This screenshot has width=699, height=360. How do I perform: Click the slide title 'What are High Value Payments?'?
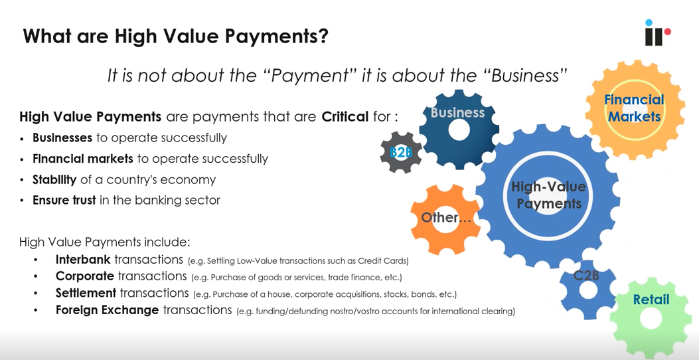point(175,36)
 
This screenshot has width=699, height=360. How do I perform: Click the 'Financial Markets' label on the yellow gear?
point(634,108)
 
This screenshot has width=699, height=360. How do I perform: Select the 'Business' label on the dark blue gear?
point(457,112)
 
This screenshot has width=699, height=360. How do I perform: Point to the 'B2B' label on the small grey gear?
point(401,153)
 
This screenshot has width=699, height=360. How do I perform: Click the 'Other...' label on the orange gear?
point(441,218)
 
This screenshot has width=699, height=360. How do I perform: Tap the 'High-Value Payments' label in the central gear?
point(548,196)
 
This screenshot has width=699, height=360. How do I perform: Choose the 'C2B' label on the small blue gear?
point(586,274)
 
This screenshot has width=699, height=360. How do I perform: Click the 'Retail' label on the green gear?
point(651,300)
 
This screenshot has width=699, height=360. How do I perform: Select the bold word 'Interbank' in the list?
point(83,260)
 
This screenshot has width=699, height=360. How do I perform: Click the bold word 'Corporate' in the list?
point(84,276)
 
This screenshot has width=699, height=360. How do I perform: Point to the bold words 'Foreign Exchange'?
point(107,310)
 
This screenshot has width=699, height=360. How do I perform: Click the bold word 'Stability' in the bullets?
point(54,179)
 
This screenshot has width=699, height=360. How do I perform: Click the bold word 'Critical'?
point(345,117)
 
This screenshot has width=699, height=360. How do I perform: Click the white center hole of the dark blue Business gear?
point(458,130)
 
